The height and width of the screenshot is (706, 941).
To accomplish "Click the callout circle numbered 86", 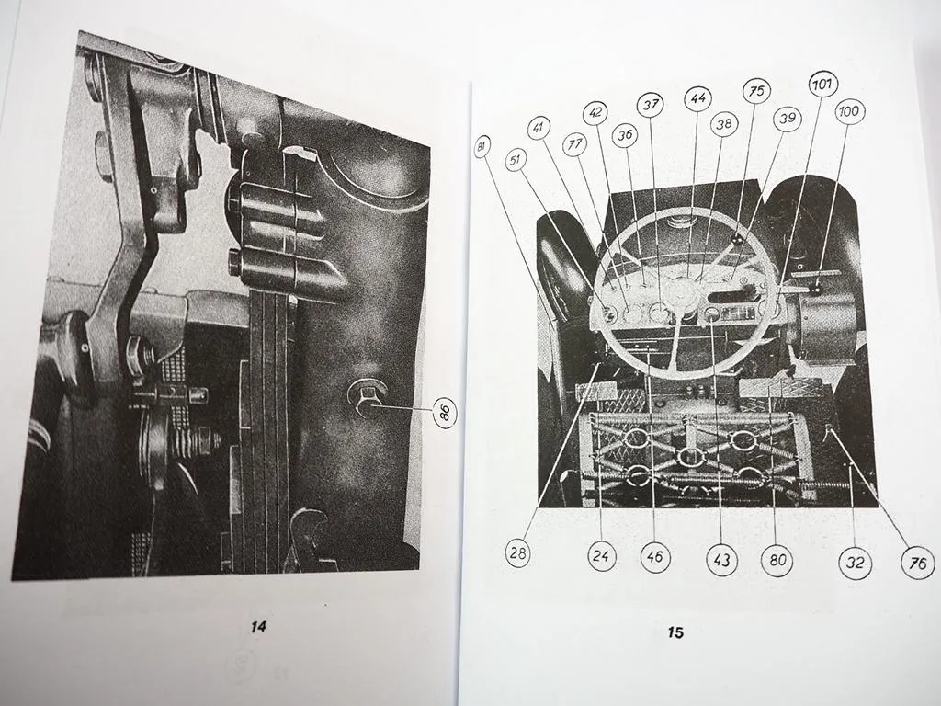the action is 445,413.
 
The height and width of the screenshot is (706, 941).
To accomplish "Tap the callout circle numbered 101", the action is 822,85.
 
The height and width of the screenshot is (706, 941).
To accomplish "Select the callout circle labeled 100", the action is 848,111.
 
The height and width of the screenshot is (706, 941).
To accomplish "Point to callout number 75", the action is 757,91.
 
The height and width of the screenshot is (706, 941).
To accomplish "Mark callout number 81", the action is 482,146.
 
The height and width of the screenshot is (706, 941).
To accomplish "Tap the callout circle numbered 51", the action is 516,160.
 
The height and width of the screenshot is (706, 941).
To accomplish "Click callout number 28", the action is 517,552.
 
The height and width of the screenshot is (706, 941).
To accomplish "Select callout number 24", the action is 601,556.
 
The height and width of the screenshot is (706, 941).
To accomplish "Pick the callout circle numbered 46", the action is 654,556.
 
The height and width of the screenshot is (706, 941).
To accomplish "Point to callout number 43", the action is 722,560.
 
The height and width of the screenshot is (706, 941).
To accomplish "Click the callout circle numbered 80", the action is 777,560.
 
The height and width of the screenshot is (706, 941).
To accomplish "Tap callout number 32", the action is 855,562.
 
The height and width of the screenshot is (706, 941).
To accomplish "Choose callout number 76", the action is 918,563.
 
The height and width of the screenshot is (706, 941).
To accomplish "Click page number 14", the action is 258,627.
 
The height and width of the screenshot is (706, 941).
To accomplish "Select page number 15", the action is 675,632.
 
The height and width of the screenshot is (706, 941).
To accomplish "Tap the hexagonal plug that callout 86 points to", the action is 362,397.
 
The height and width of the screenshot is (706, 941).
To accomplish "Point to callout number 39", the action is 787,119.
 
